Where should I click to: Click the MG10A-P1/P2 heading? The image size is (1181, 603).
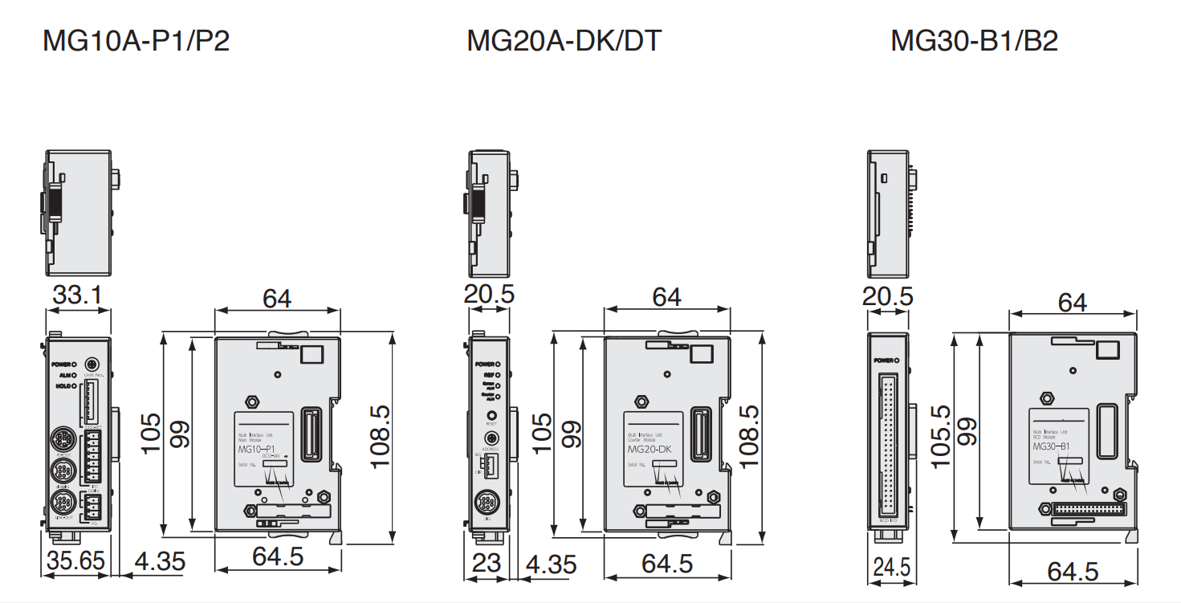[x=136, y=40]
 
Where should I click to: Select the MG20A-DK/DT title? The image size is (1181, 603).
[x=564, y=40]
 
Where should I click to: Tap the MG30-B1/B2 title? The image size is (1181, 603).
[x=974, y=40]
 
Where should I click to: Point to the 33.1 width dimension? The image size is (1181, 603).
[x=77, y=296]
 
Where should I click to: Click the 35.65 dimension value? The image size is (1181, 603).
[x=75, y=561]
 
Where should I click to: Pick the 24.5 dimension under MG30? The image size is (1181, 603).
[x=891, y=568]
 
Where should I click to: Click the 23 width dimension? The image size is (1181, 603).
[x=486, y=563]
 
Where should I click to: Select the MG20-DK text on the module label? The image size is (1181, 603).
[x=649, y=450]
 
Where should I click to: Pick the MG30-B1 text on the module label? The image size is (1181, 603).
[x=1055, y=446]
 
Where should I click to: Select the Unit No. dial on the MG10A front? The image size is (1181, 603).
[x=92, y=365]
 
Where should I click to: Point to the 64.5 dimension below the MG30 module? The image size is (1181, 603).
[x=1073, y=572]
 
